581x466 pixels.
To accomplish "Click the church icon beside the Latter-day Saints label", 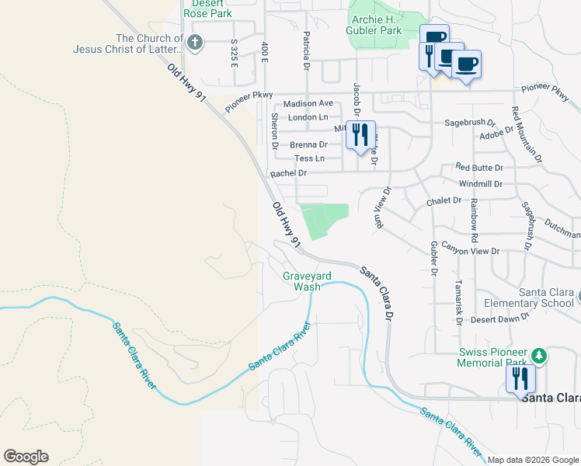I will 196,43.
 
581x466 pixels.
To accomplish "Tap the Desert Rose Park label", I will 207,9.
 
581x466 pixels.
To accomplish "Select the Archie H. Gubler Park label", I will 375,25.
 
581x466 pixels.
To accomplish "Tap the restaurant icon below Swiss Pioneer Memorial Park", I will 519,379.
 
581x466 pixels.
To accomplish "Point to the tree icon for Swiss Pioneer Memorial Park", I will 538,356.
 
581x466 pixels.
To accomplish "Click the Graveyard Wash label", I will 301,280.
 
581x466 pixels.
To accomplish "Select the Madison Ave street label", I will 308,103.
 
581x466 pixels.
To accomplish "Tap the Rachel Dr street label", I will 287,173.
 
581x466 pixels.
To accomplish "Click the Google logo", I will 26,457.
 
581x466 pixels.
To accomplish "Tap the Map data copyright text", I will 532,460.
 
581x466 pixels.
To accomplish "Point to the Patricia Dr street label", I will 307,47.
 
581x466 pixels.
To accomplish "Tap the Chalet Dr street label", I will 444,201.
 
